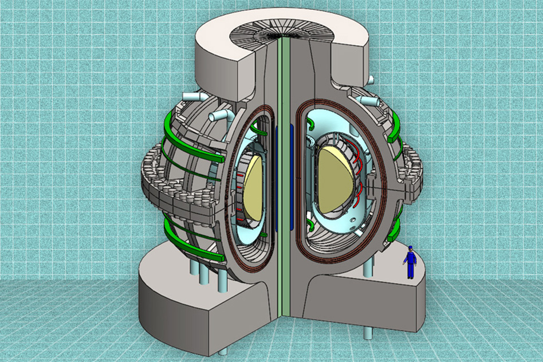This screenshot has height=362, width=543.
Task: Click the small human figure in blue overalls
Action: [x=410, y=262]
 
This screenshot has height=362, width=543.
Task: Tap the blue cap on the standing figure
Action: [x=410, y=248]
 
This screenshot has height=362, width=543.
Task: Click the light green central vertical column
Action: [x=281, y=172]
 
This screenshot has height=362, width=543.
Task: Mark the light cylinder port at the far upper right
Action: [x=371, y=102]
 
